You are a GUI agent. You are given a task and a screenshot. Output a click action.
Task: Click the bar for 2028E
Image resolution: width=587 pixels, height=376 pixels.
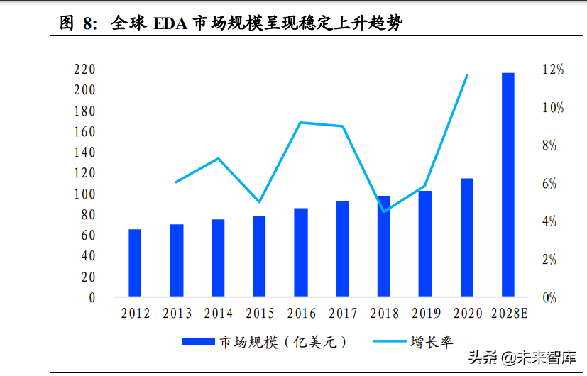pyautogui.click(x=508, y=184)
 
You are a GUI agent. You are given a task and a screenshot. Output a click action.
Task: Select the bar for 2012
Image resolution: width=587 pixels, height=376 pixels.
pyautogui.click(x=135, y=262)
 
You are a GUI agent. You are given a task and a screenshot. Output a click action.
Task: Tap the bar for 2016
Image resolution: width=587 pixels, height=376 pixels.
pyautogui.click(x=301, y=252)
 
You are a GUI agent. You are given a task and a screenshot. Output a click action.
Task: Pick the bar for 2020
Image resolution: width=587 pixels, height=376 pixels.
pyautogui.click(x=466, y=237)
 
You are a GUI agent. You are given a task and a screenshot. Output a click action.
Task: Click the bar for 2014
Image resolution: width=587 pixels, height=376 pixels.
pyautogui.click(x=218, y=258)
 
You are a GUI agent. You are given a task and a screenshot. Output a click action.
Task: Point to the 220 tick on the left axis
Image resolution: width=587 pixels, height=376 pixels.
pyautogui.click(x=84, y=70)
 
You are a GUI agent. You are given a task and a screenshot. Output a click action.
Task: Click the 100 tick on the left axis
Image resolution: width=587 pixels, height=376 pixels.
pyautogui.click(x=84, y=194)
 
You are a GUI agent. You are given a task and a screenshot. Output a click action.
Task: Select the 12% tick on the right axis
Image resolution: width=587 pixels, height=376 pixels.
pyautogui.click(x=553, y=70)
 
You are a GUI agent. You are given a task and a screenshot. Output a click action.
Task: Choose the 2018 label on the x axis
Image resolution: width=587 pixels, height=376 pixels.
pyautogui.click(x=385, y=314)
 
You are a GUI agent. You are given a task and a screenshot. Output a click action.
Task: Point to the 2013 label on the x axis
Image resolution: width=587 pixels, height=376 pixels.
pyautogui.click(x=177, y=314)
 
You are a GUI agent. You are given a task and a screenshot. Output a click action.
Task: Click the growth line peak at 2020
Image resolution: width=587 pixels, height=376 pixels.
pyautogui.click(x=466, y=75)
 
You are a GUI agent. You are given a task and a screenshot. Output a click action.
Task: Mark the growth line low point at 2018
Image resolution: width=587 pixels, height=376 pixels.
pyautogui.click(x=384, y=211)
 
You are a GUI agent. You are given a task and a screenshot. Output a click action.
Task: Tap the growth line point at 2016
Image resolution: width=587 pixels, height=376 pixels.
pyautogui.click(x=301, y=123)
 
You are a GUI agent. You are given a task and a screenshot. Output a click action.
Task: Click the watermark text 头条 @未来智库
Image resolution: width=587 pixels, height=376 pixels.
pyautogui.click(x=521, y=358)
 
